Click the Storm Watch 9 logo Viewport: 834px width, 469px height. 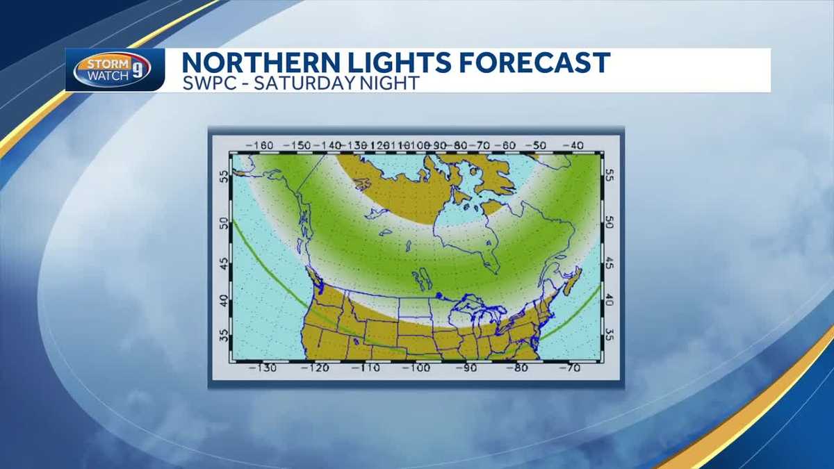point(112,70)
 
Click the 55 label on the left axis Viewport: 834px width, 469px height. point(223,177)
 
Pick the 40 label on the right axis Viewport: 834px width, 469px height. point(610,300)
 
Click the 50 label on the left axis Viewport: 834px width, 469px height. point(223,224)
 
